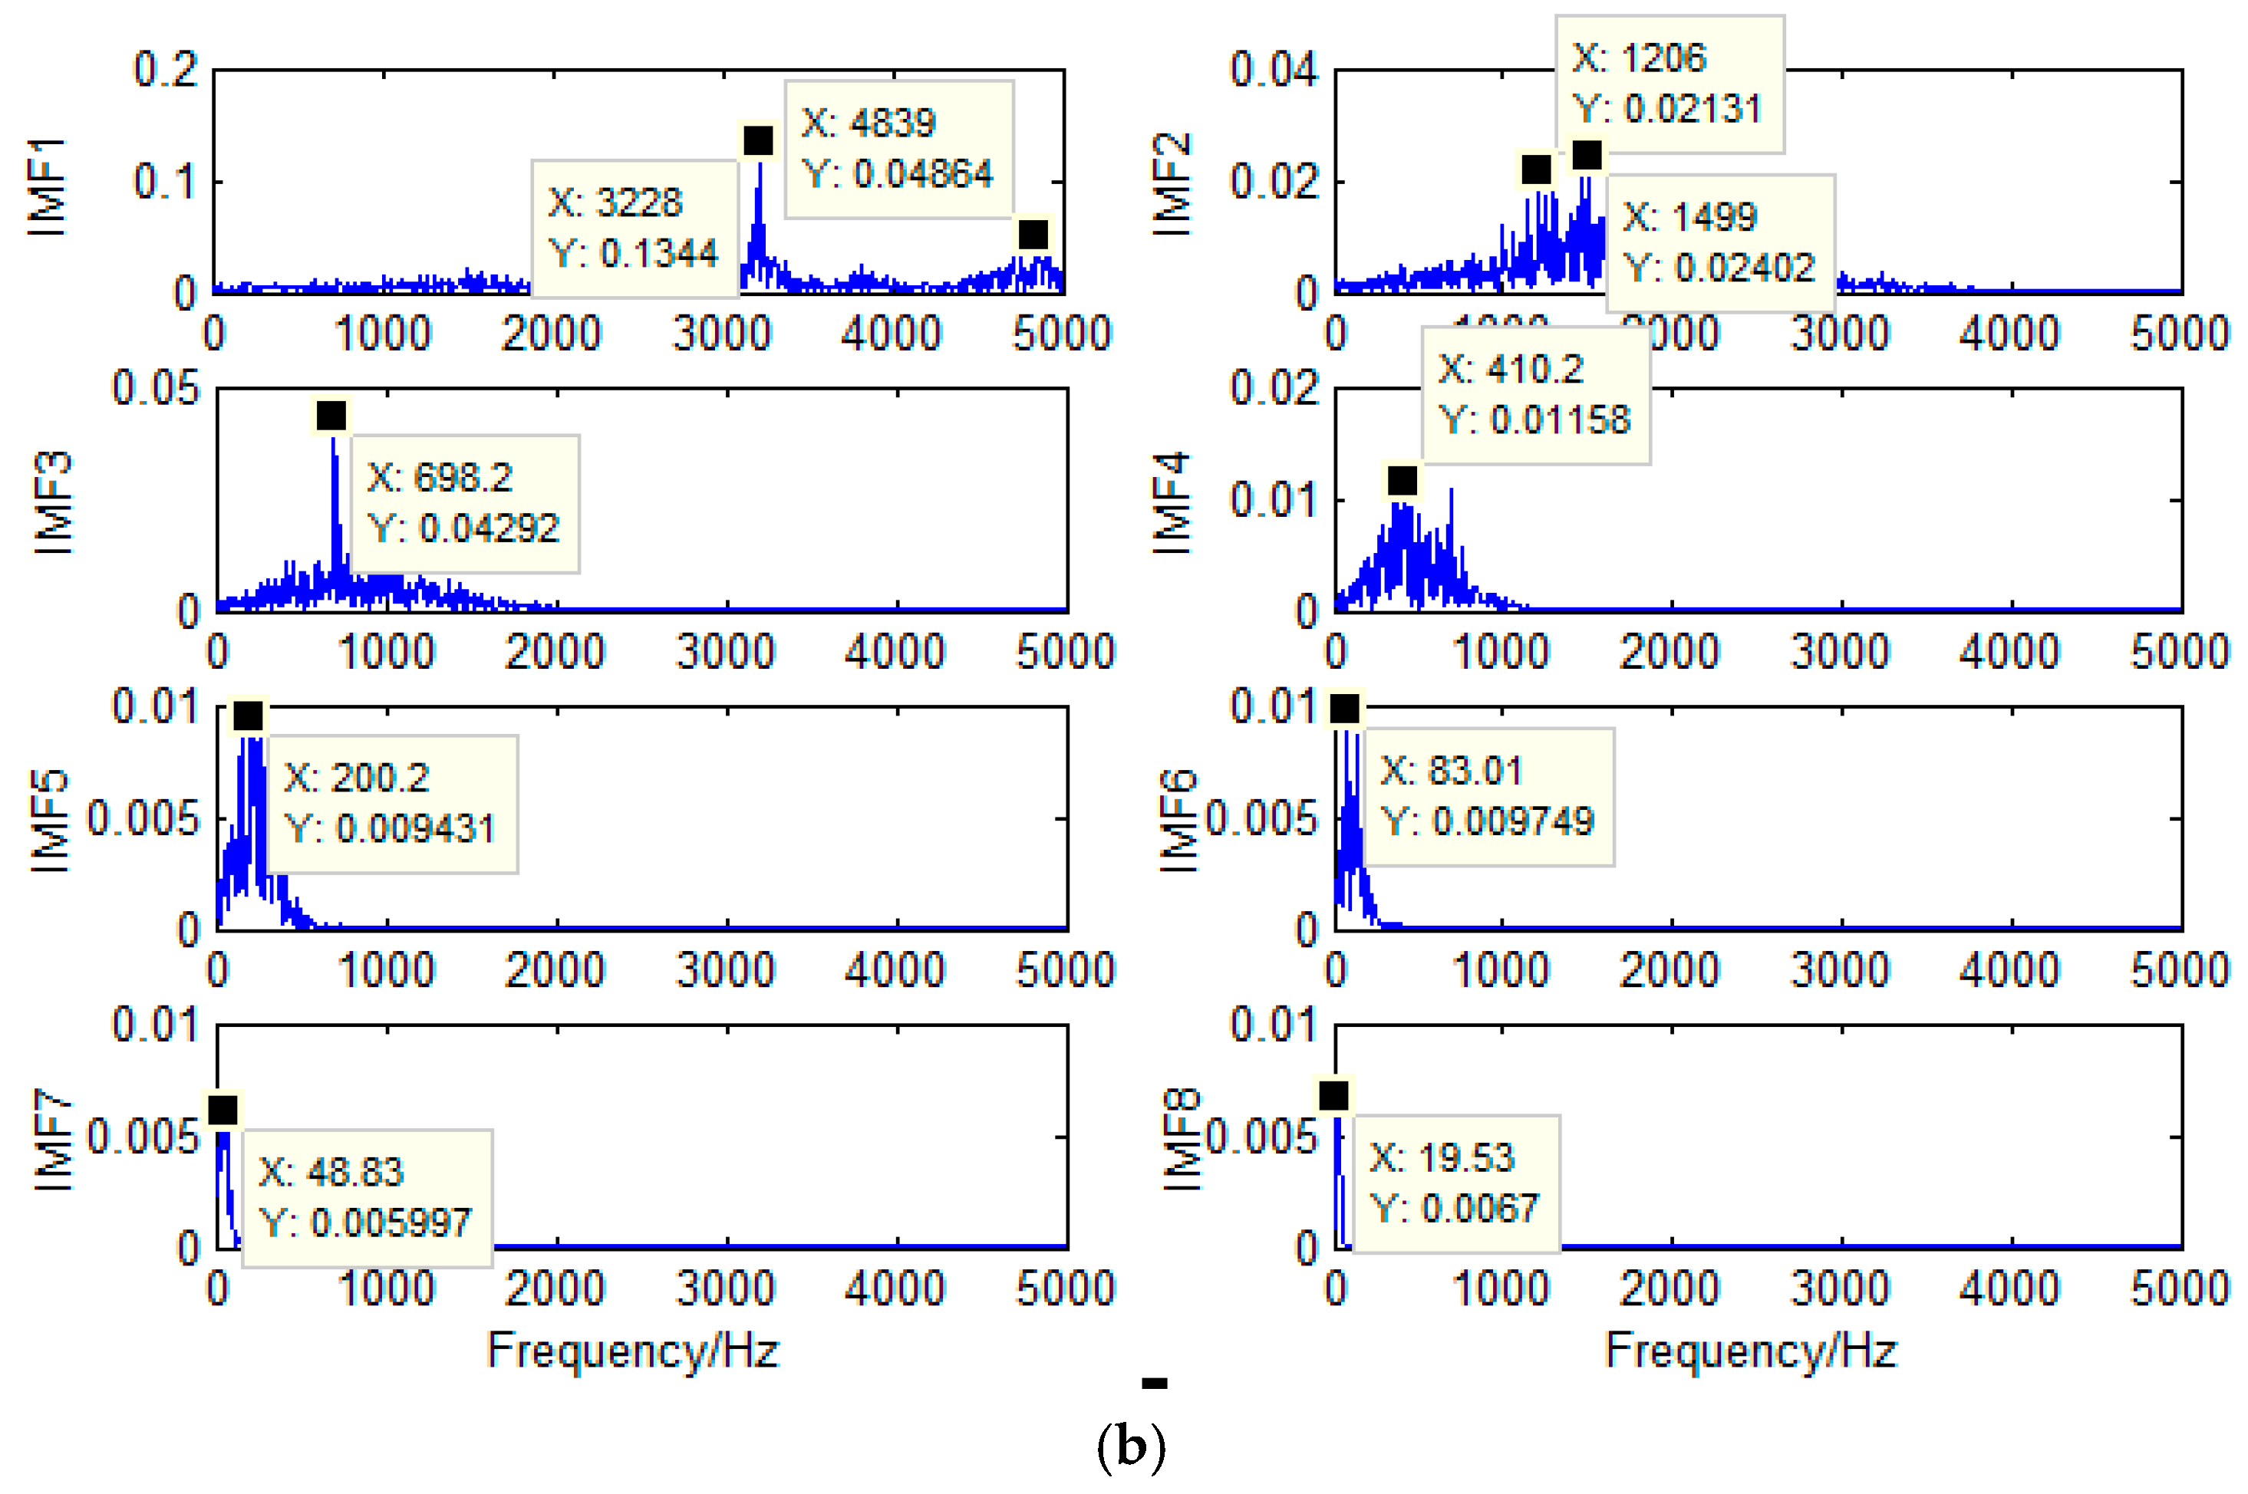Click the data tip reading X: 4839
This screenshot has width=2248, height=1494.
(898, 150)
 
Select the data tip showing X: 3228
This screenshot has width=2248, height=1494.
(635, 229)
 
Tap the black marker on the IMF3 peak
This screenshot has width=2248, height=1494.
(331, 416)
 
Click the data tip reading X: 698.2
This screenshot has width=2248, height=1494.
(465, 503)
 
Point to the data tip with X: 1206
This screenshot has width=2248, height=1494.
(1669, 84)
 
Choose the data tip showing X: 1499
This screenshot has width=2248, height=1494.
(1720, 243)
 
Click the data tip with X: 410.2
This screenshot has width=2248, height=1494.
(1535, 394)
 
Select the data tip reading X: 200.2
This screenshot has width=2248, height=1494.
(391, 803)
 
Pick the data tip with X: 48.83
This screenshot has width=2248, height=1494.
(367, 1198)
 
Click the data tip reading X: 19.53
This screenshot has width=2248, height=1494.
(1455, 1183)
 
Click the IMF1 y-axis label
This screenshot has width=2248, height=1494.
(48, 186)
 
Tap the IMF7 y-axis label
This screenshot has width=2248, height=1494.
(52, 1140)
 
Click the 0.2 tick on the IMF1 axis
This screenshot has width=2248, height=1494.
(165, 70)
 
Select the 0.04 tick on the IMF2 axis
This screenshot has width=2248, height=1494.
(1273, 70)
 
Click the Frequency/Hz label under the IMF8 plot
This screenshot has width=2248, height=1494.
(1751, 1350)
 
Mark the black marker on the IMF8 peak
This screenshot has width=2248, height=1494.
(1333, 1096)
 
